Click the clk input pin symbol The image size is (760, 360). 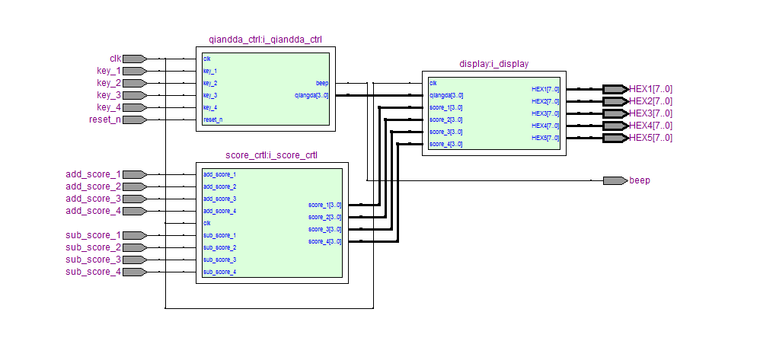(134, 59)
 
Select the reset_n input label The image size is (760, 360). (105, 119)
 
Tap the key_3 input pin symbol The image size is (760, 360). (134, 95)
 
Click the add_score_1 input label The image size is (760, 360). (93, 174)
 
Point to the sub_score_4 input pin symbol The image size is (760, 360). (134, 272)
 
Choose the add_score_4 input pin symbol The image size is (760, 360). (134, 211)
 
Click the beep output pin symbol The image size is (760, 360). (615, 180)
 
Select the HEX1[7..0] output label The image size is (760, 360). (650, 89)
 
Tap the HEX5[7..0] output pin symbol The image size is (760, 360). (614, 138)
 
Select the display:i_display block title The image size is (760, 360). (493, 64)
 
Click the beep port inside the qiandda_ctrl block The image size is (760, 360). (321, 83)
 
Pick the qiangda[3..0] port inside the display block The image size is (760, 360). (445, 95)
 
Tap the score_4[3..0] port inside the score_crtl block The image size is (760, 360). (324, 241)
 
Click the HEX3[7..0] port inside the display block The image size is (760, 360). (545, 113)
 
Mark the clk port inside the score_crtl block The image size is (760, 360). (207, 223)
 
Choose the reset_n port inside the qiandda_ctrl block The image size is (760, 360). (212, 119)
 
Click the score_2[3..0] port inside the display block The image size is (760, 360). (445, 119)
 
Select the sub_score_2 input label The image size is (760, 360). (93, 247)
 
